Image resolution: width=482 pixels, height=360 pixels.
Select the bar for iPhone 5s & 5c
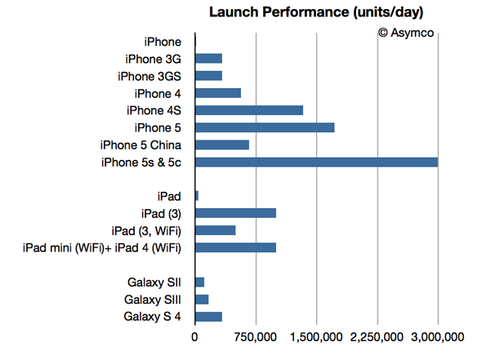pyautogui.click(x=316, y=162)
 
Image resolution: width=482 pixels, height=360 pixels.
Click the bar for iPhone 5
pyautogui.click(x=265, y=127)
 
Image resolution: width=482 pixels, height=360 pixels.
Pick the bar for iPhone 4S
pyautogui.click(x=249, y=110)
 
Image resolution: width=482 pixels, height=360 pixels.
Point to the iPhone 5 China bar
pyautogui.click(x=222, y=144)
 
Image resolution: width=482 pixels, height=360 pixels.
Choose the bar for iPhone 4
pyautogui.click(x=218, y=93)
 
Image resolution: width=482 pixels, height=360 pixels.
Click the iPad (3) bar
pyautogui.click(x=235, y=213)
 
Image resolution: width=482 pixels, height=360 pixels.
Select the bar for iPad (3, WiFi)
pyautogui.click(x=216, y=230)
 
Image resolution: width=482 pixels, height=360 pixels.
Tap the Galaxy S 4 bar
pyautogui.click(x=208, y=316)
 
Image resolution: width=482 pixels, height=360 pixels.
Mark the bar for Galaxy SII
pyautogui.click(x=200, y=282)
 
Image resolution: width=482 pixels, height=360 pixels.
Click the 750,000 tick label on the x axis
pyautogui.click(x=256, y=336)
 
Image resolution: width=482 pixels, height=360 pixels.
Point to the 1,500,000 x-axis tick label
pyautogui.click(x=317, y=336)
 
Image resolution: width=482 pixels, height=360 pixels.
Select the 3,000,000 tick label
pyautogui.click(x=438, y=336)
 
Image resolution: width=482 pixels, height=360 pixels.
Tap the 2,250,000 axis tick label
pyautogui.click(x=377, y=336)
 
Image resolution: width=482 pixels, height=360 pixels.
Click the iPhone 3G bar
pyautogui.click(x=208, y=59)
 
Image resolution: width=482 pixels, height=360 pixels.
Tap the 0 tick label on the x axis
pyautogui.click(x=195, y=336)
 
